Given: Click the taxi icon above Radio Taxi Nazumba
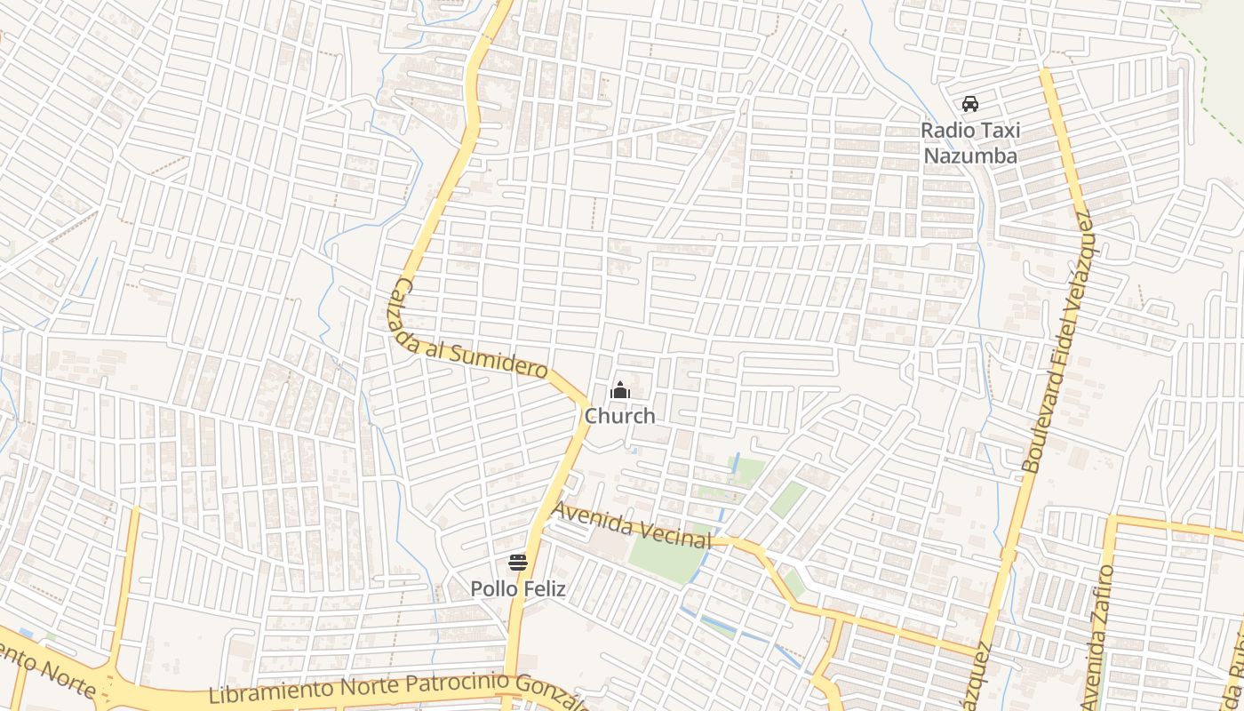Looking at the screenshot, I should coord(970,104).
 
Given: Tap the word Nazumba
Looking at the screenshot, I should coord(970,156).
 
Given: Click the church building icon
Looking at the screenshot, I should coord(620,391).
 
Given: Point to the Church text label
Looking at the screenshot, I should coord(620,416).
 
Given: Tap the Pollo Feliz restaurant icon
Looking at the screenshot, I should coord(518,562).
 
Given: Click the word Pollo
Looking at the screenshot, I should coord(490,589).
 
